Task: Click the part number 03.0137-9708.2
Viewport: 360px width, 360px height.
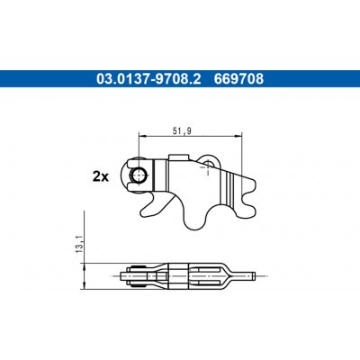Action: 148,78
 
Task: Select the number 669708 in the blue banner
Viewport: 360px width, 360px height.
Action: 238,78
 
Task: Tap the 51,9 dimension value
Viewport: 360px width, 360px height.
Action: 182,131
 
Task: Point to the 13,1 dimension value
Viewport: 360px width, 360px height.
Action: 79,244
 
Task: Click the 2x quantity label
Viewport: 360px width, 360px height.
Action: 101,177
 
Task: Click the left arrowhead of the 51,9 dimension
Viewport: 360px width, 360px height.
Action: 141,137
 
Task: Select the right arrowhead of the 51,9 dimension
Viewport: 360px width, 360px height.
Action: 238,137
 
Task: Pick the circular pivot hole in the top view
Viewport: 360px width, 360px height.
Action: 139,175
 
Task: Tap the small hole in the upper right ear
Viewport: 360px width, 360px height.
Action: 208,163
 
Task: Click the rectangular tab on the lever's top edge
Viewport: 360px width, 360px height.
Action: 179,157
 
